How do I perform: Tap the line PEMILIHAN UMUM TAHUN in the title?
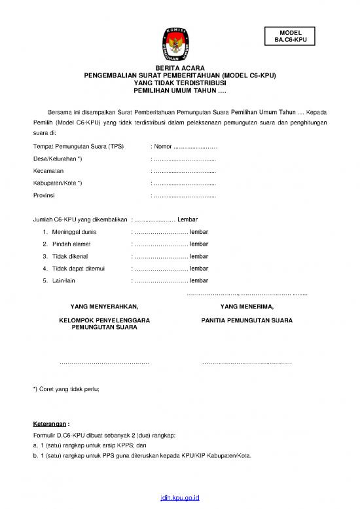pos(179,90)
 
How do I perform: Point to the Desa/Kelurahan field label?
pos(58,159)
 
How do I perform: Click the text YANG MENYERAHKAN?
pos(104,306)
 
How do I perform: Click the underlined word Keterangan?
pos(50,423)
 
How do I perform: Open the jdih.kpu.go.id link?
pos(179,499)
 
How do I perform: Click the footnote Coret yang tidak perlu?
pos(68,389)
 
